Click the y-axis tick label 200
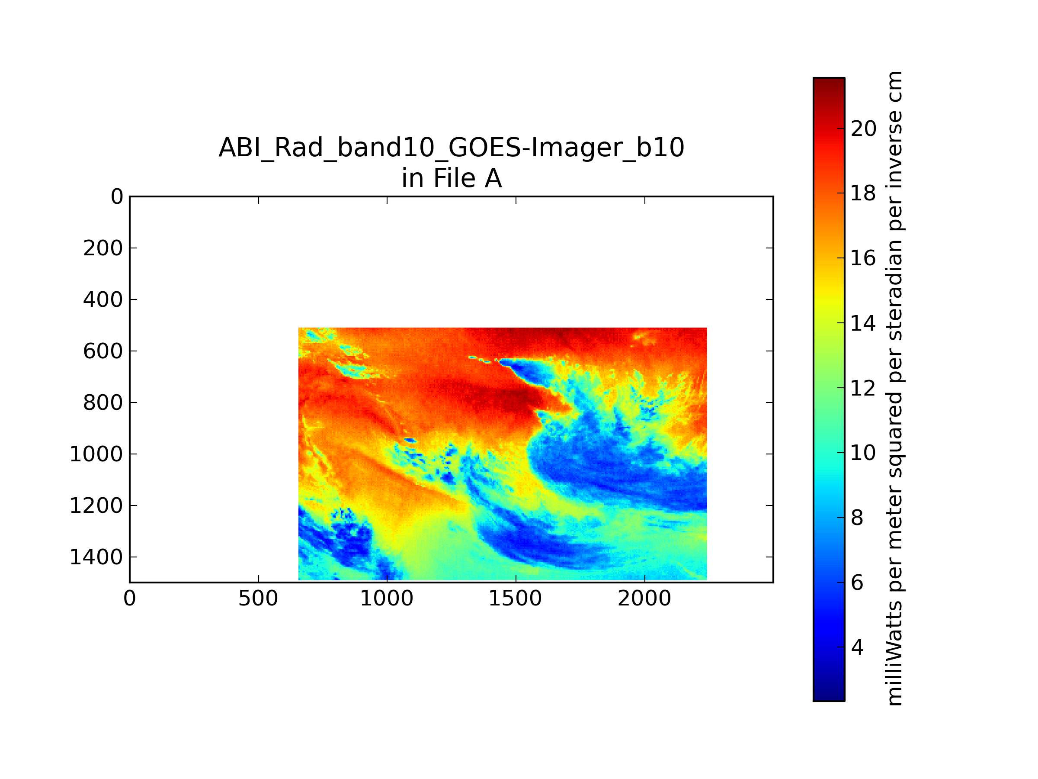pyautogui.click(x=103, y=248)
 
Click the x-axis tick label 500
pyautogui.click(x=258, y=599)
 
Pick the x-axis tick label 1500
pyautogui.click(x=515, y=599)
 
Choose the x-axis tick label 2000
pyautogui.click(x=644, y=599)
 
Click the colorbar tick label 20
pyautogui.click(x=863, y=128)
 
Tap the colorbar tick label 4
pyautogui.click(x=857, y=647)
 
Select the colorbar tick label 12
pyautogui.click(x=863, y=388)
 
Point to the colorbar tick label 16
pyautogui.click(x=863, y=258)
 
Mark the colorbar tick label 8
pyautogui.click(x=857, y=518)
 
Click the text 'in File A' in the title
pyautogui.click(x=452, y=178)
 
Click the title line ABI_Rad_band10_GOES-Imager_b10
pyautogui.click(x=452, y=148)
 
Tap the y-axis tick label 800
pyautogui.click(x=103, y=403)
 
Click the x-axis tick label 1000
pyautogui.click(x=387, y=599)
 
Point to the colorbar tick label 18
pyautogui.click(x=863, y=193)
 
